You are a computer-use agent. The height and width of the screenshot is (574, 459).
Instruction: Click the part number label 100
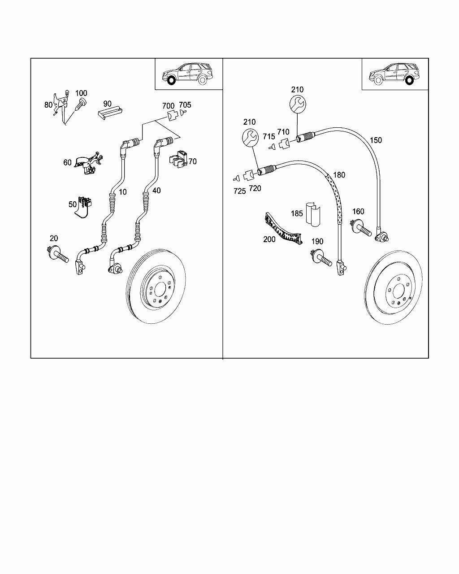click(81, 93)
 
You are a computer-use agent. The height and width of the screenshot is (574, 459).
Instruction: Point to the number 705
click(185, 105)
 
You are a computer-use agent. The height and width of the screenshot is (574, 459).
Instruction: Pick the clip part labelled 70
click(178, 159)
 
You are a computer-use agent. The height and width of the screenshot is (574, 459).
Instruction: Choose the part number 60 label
click(67, 162)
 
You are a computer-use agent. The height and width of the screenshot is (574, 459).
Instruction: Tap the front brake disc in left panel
click(156, 287)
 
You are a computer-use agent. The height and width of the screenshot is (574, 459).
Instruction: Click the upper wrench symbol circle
click(298, 104)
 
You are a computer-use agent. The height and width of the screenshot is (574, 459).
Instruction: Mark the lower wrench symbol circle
click(250, 138)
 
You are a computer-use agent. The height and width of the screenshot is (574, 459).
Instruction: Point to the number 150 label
click(376, 140)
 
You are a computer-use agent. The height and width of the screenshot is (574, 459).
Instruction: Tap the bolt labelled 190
click(321, 257)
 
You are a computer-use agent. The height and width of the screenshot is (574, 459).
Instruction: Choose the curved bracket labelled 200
click(283, 229)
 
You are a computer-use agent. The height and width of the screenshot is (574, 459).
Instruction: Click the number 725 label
click(239, 191)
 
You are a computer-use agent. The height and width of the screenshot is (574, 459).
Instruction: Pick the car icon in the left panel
click(188, 74)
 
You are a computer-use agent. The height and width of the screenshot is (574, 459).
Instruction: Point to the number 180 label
click(339, 175)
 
